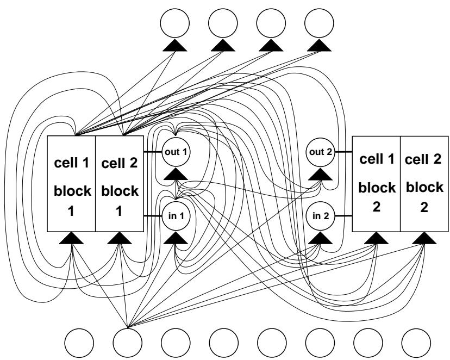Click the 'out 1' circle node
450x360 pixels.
[175, 151]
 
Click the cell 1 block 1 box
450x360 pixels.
[72, 184]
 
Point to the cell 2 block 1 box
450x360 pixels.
[119, 184]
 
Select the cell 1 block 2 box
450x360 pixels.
[376, 184]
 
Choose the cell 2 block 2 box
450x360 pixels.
[423, 184]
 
